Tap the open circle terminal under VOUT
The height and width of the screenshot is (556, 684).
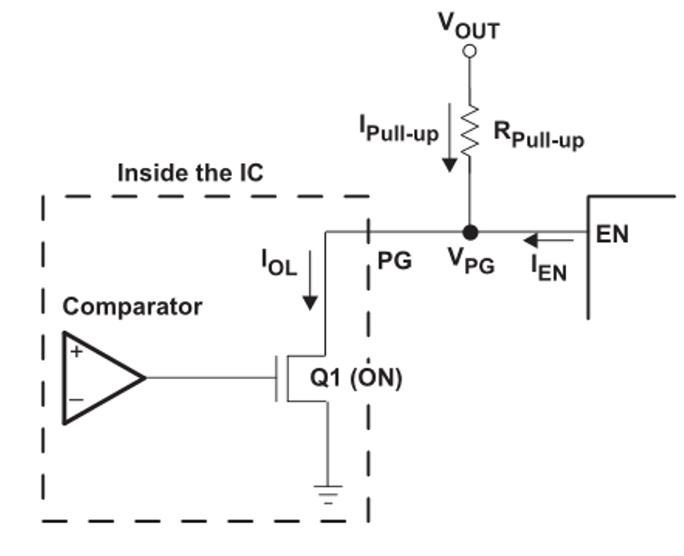(470, 51)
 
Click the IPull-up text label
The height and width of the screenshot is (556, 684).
(399, 129)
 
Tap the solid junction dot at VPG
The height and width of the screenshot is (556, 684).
(470, 231)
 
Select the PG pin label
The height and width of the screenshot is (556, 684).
(395, 261)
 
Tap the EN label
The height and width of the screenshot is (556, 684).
(612, 234)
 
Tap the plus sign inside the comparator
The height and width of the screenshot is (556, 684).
(76, 352)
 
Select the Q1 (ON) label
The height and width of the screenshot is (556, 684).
(355, 378)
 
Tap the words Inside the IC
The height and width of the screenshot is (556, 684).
(190, 172)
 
